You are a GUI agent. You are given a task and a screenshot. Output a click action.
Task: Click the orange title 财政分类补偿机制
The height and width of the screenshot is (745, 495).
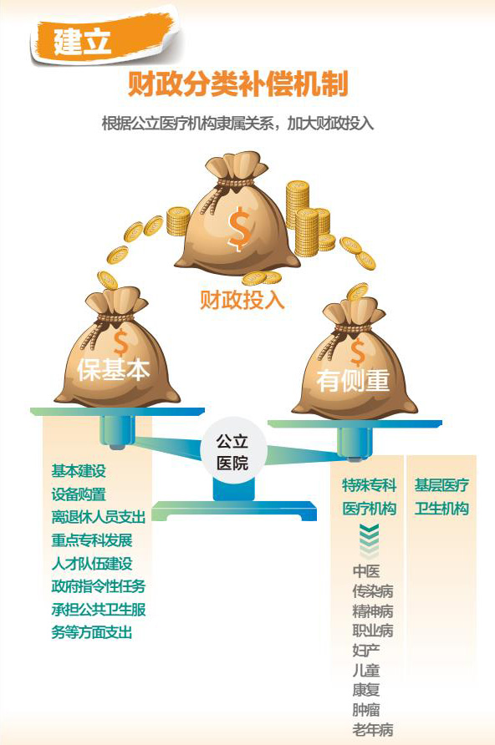[x=237, y=84]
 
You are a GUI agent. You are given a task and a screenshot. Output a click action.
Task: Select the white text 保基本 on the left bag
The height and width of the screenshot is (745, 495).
[x=113, y=369]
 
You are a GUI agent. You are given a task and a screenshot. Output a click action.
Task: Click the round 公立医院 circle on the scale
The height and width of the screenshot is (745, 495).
[x=232, y=450]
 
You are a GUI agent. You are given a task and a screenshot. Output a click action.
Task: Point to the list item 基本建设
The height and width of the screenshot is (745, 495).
[x=79, y=471]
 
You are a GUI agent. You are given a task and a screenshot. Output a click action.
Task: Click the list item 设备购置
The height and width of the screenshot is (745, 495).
[x=79, y=494]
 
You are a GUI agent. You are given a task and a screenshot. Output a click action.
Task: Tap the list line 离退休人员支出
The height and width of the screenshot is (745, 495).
[x=98, y=516]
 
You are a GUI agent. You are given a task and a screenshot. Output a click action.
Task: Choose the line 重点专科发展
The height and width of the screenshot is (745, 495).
[x=92, y=540]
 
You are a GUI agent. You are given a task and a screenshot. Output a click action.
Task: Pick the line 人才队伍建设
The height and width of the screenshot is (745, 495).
[x=92, y=563]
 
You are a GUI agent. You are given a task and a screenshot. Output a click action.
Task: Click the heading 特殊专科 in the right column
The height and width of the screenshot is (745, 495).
[x=369, y=485]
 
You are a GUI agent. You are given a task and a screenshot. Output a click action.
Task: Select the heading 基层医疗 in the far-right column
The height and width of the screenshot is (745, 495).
[x=441, y=485]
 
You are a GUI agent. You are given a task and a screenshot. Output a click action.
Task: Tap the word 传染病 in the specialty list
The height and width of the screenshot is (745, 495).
[x=373, y=591]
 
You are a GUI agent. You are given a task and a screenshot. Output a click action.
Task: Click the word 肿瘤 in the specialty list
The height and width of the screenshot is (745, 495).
[x=366, y=710]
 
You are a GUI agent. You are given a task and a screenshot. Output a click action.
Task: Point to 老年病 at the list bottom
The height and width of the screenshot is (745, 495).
[x=373, y=729]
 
